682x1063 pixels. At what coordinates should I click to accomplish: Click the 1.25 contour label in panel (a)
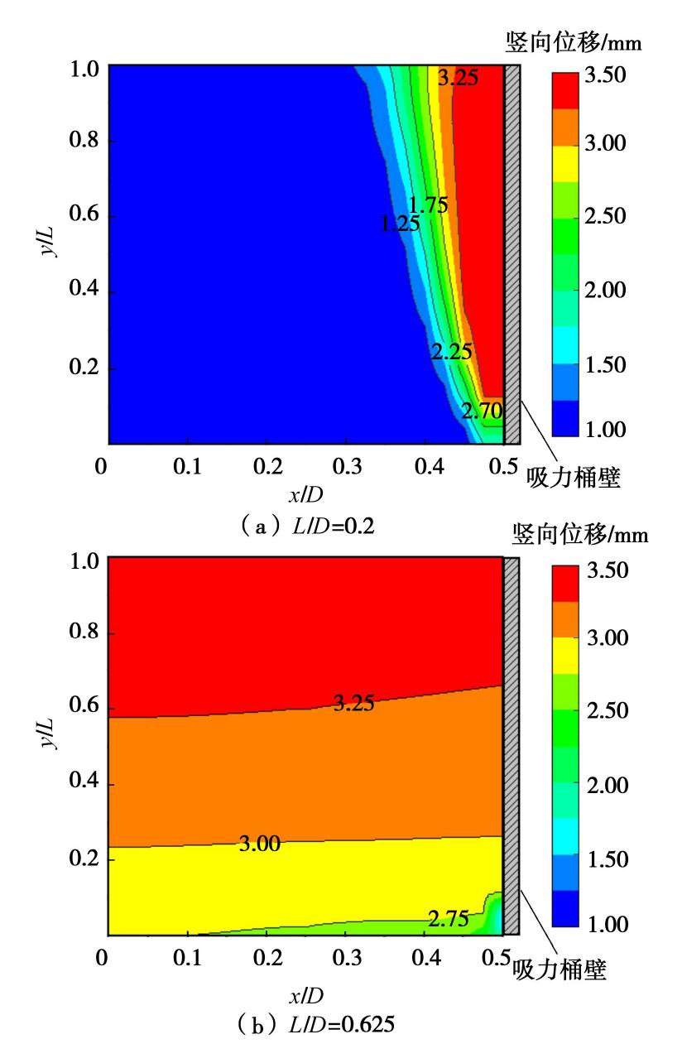pyautogui.click(x=400, y=223)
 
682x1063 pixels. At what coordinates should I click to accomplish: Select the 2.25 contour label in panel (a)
pyautogui.click(x=451, y=352)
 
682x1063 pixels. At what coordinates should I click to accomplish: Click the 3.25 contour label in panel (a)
pyautogui.click(x=458, y=79)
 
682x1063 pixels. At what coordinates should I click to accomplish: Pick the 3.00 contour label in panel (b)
pyautogui.click(x=259, y=844)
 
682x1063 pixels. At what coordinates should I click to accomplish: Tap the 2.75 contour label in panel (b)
pyautogui.click(x=449, y=918)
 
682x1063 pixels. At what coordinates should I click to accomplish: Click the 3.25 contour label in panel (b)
pyautogui.click(x=353, y=704)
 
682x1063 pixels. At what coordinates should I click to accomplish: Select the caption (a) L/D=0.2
pyautogui.click(x=307, y=527)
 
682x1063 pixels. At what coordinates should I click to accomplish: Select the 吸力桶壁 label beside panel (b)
pyautogui.click(x=560, y=969)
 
